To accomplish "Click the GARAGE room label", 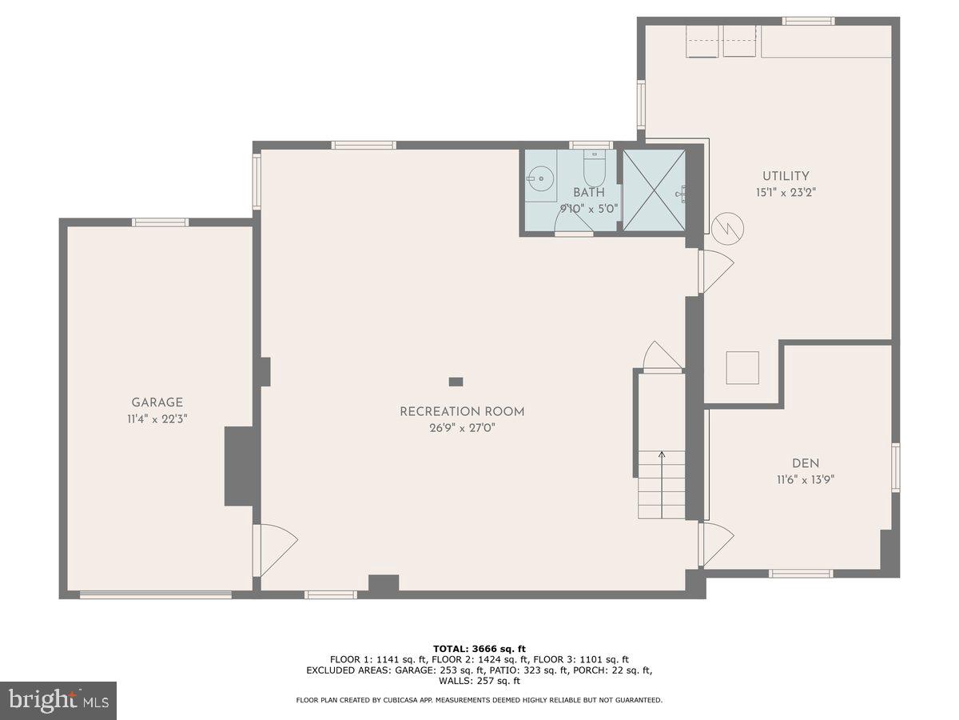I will point(157,402).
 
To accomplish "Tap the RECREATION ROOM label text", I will point(462,412).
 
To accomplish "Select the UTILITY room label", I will point(785,176).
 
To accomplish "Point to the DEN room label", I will point(805,463).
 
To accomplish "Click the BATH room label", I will point(588,193).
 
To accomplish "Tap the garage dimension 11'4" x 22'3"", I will point(157,418).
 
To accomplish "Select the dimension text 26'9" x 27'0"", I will point(462,428).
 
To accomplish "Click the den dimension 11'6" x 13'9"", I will point(805,479).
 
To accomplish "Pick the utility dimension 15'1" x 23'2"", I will point(785,192).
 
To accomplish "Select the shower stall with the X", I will point(654,190).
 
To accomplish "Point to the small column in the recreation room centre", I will point(456,382).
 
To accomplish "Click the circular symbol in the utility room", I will point(728,227).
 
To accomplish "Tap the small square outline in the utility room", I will point(742,368).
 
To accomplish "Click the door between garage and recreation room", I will point(274,550).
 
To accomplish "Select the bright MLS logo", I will point(58,701).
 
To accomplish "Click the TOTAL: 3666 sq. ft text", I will point(479,649).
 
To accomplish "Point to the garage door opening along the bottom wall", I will point(156,594).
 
